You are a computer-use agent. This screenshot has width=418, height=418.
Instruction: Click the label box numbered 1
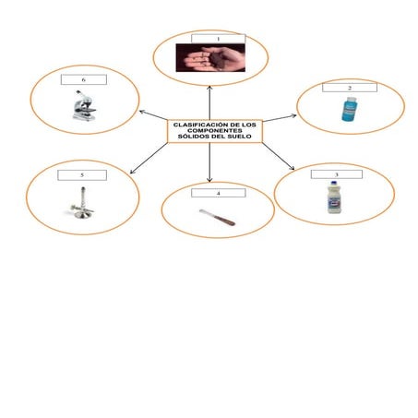tap(219, 39)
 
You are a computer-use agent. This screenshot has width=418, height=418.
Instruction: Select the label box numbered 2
tap(350, 88)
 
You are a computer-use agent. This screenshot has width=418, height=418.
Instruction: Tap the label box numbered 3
tap(337, 174)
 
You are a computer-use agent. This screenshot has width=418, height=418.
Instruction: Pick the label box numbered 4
tap(219, 193)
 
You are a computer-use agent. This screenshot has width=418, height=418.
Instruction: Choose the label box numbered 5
tap(82, 175)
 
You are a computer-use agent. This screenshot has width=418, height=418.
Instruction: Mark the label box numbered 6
tap(84, 79)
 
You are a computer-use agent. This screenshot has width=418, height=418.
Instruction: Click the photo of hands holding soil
tap(210, 58)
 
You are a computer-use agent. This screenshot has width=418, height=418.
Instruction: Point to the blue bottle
tap(350, 109)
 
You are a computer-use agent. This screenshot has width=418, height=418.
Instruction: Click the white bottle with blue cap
tap(334, 197)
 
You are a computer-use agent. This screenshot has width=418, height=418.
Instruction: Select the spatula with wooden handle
tap(218, 217)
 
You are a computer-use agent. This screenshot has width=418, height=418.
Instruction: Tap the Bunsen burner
tap(82, 203)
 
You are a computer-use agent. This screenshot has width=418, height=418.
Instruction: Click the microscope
tap(84, 105)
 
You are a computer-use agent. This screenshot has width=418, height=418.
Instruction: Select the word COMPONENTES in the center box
tap(215, 131)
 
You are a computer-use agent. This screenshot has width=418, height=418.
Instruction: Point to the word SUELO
tap(240, 137)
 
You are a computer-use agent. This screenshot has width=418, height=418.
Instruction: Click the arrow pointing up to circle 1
tap(209, 102)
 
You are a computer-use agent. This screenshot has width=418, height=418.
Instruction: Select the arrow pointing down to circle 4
tap(209, 162)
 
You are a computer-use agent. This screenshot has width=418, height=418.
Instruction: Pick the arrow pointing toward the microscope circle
tap(153, 115)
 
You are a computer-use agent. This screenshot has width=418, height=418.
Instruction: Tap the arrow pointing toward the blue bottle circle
tap(280, 118)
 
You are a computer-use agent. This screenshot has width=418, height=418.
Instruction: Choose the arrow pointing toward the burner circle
tap(149, 158)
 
